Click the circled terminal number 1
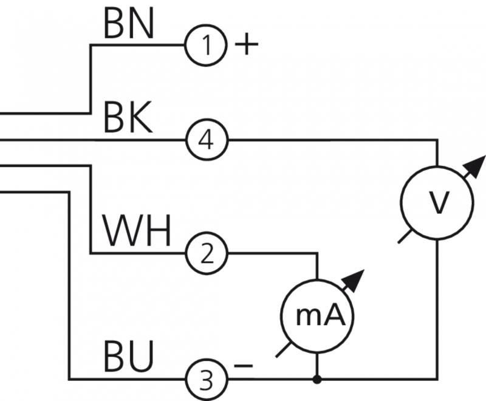coord(207,46)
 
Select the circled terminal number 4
coord(207,141)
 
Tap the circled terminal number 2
coord(207,252)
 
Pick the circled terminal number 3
coord(207,380)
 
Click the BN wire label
coord(129,24)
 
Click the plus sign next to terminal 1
coord(246,46)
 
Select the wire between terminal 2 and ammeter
coord(273,252)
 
